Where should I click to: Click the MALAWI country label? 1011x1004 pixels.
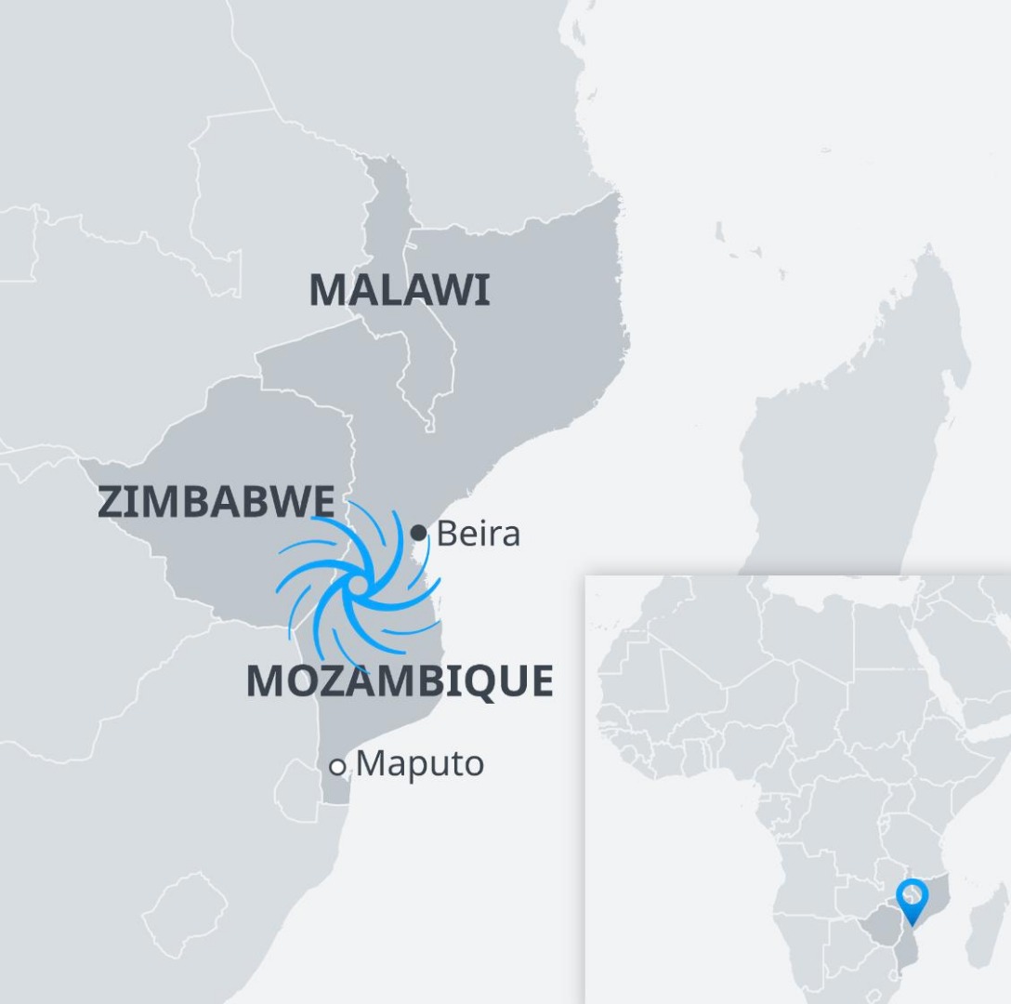pos(399,290)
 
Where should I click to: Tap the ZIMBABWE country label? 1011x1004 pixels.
pos(215,502)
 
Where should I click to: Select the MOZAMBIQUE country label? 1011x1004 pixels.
pos(400,681)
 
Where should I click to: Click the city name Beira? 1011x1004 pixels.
pos(478,534)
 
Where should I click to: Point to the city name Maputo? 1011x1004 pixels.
pos(419,764)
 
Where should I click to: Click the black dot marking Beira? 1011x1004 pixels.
pos(419,533)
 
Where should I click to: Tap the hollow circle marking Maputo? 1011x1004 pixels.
pos(337,767)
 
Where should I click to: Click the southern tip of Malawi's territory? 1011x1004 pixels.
pos(429,428)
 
